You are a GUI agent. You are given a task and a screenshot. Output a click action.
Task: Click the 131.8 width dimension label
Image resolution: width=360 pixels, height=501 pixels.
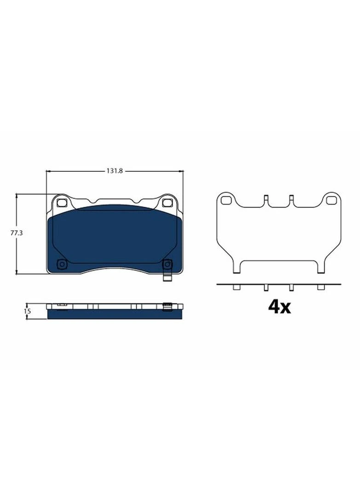pyautogui.click(x=115, y=171)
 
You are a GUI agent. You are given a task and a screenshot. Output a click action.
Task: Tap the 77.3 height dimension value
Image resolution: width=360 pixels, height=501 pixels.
pyautogui.click(x=17, y=233)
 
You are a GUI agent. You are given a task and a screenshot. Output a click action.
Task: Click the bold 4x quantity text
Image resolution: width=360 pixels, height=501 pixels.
pyautogui.click(x=279, y=307)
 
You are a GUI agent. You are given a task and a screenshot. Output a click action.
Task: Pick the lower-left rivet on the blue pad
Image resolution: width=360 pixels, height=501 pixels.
pyautogui.click(x=61, y=264)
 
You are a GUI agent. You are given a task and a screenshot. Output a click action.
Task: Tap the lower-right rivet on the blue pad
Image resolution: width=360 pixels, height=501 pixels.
pyautogui.click(x=167, y=264)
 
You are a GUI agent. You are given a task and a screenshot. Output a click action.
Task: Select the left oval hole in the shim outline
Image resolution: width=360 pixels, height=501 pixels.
pyautogui.click(x=226, y=200)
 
